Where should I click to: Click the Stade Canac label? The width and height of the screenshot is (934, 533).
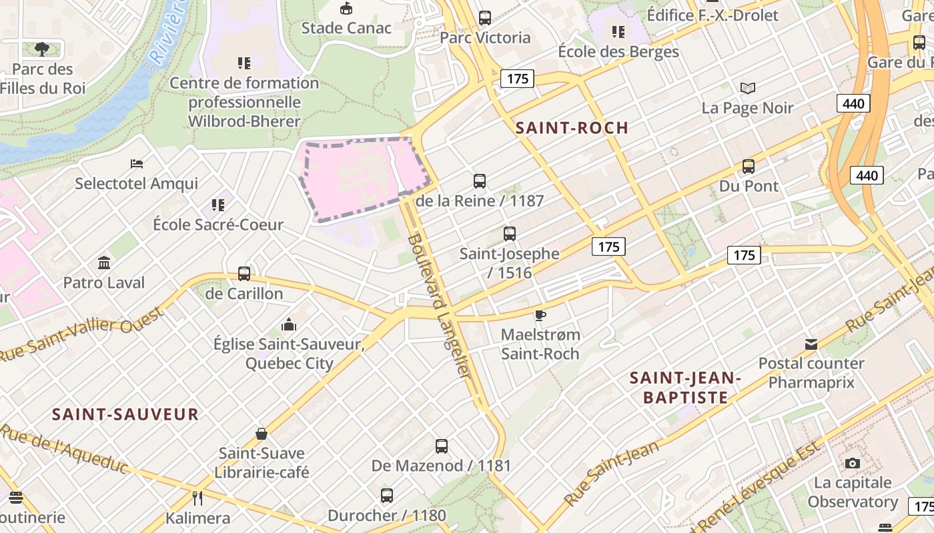(346, 28)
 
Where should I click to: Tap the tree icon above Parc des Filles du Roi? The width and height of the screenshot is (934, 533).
(42, 49)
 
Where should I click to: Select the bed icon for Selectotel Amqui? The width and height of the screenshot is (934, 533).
(137, 163)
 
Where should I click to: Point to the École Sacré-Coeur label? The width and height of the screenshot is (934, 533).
(218, 225)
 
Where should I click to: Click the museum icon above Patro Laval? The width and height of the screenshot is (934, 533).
(104, 263)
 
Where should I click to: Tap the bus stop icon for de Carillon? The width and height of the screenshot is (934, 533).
(244, 273)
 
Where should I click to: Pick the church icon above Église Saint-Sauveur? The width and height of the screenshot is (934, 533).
(289, 324)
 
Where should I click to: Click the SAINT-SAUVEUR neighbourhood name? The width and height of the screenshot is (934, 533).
(125, 414)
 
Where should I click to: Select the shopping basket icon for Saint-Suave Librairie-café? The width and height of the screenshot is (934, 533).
(262, 434)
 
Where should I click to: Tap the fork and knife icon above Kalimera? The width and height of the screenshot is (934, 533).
(197, 498)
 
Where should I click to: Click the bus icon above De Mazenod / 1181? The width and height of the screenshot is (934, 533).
(442, 446)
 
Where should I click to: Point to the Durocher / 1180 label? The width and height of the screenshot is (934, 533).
(387, 515)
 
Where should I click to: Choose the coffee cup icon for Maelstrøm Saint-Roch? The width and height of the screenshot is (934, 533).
(540, 314)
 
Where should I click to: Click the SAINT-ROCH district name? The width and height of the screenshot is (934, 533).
(572, 128)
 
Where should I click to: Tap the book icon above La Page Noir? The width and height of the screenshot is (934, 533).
(748, 88)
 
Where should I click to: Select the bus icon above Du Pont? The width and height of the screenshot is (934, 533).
(749, 167)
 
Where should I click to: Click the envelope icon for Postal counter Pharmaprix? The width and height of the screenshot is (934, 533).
(811, 344)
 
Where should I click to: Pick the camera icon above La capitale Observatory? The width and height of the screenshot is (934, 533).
(852, 463)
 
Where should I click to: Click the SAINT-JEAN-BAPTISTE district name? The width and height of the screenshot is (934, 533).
(685, 388)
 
